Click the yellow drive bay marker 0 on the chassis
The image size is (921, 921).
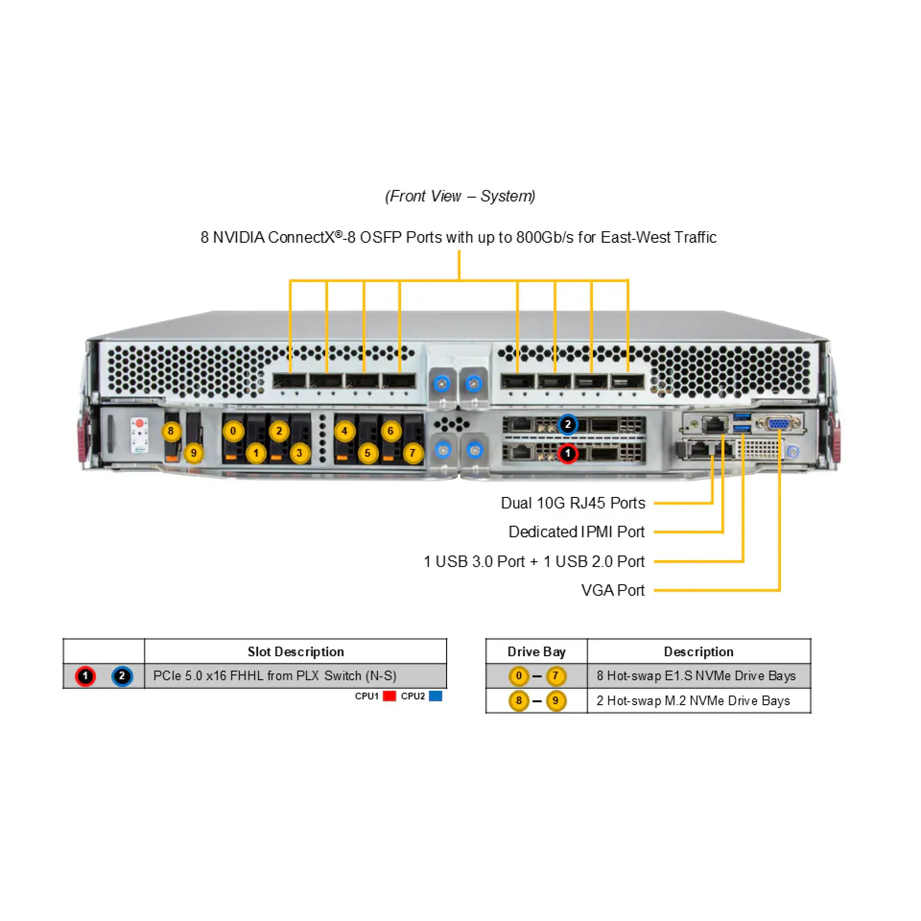click(x=233, y=431)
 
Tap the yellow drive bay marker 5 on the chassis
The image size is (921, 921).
click(x=367, y=453)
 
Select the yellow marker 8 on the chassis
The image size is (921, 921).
click(x=171, y=431)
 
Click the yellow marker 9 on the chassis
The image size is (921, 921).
click(x=194, y=453)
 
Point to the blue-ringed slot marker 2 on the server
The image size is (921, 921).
click(x=568, y=425)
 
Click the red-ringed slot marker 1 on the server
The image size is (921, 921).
click(x=567, y=453)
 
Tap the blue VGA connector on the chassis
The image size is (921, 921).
click(x=777, y=424)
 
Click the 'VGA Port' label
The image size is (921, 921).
click(x=613, y=590)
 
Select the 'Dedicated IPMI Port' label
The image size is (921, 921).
click(x=576, y=532)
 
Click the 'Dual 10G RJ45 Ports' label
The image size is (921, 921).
click(x=573, y=503)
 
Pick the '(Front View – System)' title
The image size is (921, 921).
click(x=460, y=196)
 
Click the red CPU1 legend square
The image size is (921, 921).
click(x=390, y=696)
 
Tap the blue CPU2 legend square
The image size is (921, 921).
click(x=436, y=696)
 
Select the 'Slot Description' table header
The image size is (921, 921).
click(x=295, y=651)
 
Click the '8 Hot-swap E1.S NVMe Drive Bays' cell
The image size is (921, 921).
click(x=696, y=675)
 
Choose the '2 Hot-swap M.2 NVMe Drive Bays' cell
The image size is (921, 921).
click(x=693, y=701)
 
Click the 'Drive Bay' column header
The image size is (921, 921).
click(x=536, y=651)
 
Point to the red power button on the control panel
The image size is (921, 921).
click(x=139, y=423)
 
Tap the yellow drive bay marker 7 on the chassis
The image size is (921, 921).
click(x=413, y=453)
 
